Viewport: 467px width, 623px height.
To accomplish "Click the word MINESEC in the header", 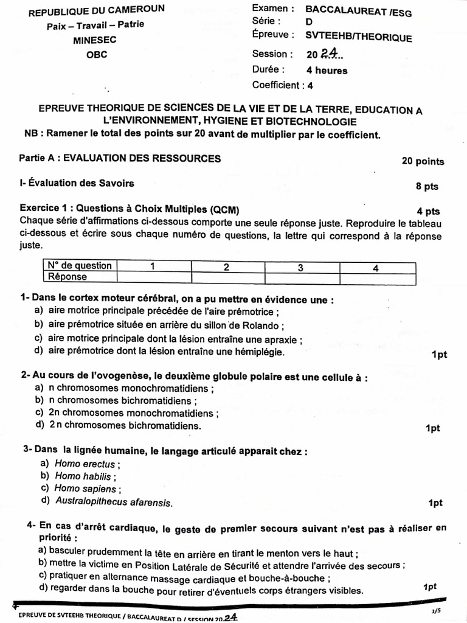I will (x=95, y=40).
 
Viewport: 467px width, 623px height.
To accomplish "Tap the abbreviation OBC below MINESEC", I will (x=95, y=54).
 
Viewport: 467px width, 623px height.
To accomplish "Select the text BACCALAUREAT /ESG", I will (x=358, y=9).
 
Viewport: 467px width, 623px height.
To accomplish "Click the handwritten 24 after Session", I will (x=330, y=54).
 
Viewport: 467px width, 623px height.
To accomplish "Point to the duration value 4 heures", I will (x=327, y=70).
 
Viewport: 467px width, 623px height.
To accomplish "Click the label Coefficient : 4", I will (x=283, y=86).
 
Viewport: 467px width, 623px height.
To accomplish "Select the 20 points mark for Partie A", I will (x=423, y=161).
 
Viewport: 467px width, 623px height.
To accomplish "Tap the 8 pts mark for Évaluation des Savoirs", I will (x=427, y=186).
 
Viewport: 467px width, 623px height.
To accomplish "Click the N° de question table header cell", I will (x=79, y=266).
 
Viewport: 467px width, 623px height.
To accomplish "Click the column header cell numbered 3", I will (x=300, y=266).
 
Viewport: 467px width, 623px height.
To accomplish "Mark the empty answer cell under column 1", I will (x=153, y=277).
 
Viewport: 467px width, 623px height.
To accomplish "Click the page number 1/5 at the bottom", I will (x=435, y=611).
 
